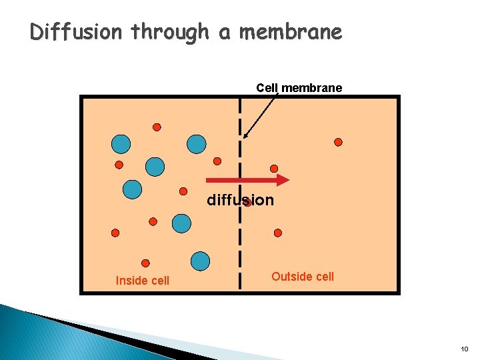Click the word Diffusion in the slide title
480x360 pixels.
point(77,32)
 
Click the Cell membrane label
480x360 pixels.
point(299,88)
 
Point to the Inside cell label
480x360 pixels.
point(142,281)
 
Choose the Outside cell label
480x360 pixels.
point(303,277)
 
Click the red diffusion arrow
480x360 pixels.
point(247,179)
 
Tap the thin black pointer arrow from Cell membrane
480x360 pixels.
point(260,116)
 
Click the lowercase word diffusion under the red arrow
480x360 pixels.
point(240,200)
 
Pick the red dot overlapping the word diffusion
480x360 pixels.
point(247,202)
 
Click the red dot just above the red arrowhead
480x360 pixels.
point(273,169)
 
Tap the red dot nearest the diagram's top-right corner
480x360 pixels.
point(338,142)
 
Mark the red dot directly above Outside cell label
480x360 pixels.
point(278,233)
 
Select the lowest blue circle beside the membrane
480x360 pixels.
point(200,261)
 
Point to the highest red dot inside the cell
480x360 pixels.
point(157,127)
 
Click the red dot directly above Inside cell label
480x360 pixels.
point(145,263)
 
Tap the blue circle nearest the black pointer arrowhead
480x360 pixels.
point(197,143)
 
